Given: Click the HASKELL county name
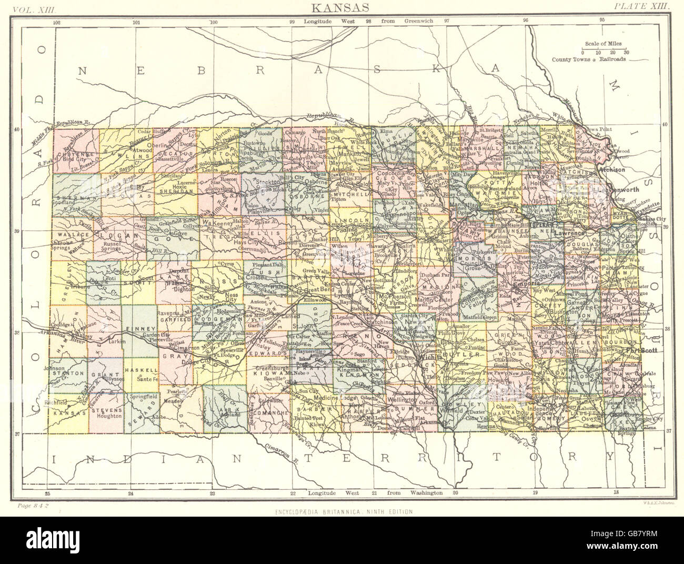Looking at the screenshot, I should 141,364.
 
